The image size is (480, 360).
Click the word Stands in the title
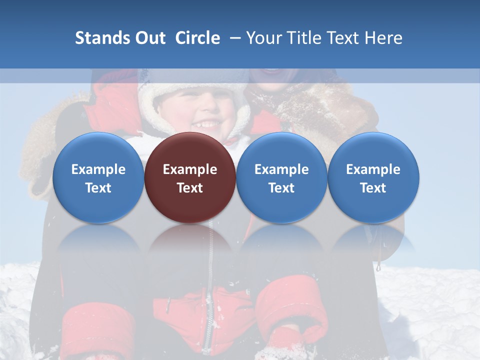point(102,38)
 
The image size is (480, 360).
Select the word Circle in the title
point(197,38)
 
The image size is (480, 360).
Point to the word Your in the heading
point(263,38)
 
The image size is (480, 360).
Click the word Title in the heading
point(301,38)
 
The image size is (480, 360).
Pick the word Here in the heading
point(384,38)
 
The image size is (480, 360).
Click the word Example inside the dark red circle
point(190,169)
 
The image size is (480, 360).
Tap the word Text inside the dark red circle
point(190,188)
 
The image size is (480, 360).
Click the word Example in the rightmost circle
point(373,169)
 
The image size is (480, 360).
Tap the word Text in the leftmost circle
point(98,188)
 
